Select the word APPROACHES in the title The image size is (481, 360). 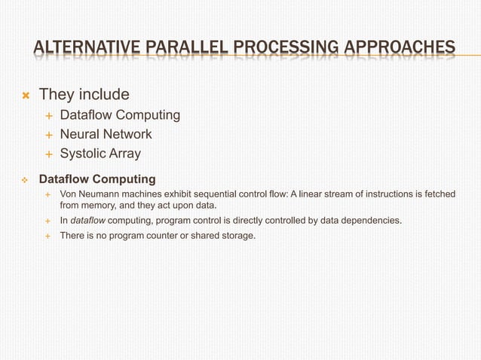(401, 50)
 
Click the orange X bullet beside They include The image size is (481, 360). (25, 96)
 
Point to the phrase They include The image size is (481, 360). (84, 95)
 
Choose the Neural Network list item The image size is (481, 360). (106, 134)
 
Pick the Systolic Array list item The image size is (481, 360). (100, 154)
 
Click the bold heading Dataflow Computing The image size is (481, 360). (97, 179)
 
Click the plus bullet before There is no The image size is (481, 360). (47, 236)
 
